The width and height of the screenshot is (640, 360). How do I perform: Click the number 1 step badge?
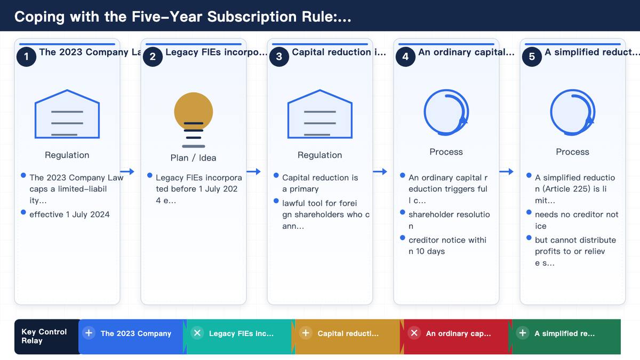coord(26,57)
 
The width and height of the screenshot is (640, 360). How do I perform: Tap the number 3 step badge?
coord(279,57)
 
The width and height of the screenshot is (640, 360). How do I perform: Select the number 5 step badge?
coord(532,57)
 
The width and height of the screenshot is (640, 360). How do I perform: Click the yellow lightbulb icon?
coord(194,119)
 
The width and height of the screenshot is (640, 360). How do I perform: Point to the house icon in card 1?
coord(67,114)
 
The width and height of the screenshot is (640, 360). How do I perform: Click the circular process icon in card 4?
coord(446,113)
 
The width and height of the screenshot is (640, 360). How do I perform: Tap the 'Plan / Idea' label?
coord(193,158)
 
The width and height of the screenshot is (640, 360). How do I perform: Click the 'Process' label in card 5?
coord(572,151)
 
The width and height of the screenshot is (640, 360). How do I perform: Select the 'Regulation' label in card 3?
coord(319,155)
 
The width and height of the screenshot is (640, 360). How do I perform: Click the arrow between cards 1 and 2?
coord(127,171)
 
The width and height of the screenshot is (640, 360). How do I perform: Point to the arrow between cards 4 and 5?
coord(506,171)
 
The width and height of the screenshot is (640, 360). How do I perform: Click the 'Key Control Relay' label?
coord(44,337)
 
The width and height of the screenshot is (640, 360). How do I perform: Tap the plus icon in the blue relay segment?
coord(89,333)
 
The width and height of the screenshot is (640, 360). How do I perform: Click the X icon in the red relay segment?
coord(414,333)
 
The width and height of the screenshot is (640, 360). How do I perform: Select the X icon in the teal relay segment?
coord(197,333)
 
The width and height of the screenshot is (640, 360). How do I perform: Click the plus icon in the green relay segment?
coord(522,333)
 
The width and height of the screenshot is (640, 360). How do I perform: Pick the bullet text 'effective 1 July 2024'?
coord(69,214)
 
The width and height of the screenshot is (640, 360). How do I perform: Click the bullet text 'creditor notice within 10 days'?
coord(447,246)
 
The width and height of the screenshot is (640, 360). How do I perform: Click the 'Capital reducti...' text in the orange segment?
coord(348,333)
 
